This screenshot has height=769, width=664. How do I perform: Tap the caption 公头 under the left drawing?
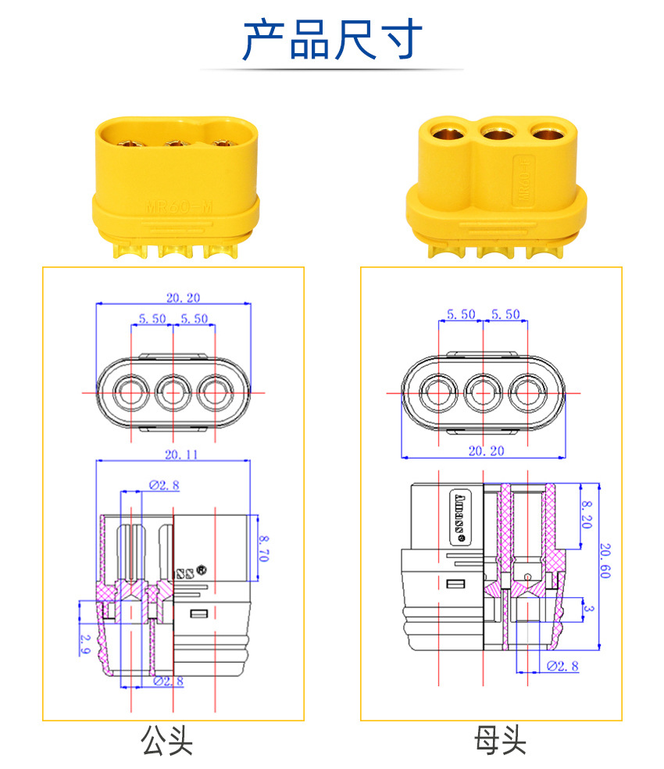tap(166, 739)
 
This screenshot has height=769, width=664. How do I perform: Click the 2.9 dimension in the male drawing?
tap(84, 644)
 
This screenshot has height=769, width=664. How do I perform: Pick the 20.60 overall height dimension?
tap(606, 561)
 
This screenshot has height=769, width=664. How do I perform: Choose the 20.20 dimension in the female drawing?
tap(486, 451)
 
